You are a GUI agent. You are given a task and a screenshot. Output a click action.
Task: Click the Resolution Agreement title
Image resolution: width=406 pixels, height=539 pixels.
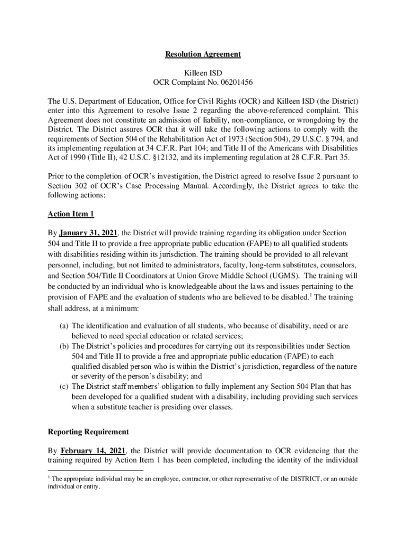click(203, 54)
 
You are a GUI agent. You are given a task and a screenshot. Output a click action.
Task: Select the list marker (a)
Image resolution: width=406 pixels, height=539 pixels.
click(63, 326)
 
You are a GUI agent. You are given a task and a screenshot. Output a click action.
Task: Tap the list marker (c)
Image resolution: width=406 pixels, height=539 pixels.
click(63, 386)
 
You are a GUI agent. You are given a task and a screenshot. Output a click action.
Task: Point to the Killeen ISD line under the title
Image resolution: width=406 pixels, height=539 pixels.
click(203, 71)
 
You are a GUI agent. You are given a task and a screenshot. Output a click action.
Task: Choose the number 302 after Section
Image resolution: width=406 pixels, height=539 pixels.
click(83, 186)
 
